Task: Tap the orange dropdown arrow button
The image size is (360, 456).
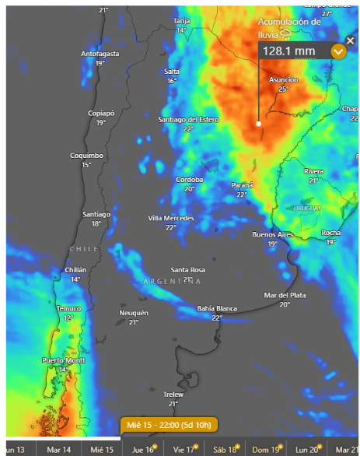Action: (338, 51)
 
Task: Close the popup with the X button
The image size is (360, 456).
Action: (351, 40)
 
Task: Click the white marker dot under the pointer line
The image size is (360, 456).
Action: (259, 123)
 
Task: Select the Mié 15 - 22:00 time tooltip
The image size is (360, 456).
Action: (169, 425)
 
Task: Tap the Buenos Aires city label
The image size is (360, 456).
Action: (272, 234)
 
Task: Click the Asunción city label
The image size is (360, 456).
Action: (283, 80)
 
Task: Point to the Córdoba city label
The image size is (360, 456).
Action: (189, 180)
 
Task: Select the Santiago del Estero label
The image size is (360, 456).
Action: (188, 120)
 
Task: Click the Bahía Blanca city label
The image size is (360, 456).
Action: (216, 308)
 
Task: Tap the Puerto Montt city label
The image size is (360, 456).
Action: (63, 360)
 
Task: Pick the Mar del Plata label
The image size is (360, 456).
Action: (285, 296)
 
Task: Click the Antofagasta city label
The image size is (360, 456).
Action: (100, 54)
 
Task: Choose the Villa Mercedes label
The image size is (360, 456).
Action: (171, 218)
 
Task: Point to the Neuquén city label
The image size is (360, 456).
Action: (133, 313)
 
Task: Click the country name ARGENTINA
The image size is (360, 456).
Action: (172, 280)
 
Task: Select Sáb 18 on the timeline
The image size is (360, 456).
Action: (224, 448)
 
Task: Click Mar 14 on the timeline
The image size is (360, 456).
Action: (59, 449)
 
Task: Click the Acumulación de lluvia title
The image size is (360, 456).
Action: (289, 27)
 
